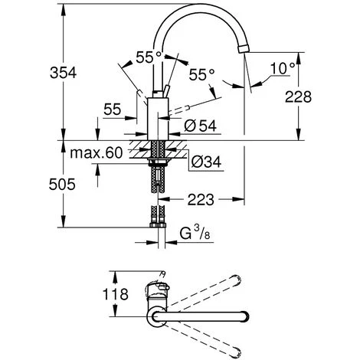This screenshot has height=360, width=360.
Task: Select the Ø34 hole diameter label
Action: coord(201,162)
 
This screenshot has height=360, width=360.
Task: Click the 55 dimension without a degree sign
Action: coord(113,110)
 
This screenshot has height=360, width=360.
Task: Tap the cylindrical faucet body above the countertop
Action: coord(158,119)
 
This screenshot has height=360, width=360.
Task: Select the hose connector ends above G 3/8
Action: coord(159,222)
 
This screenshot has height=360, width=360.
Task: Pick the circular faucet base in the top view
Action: coord(158,315)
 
